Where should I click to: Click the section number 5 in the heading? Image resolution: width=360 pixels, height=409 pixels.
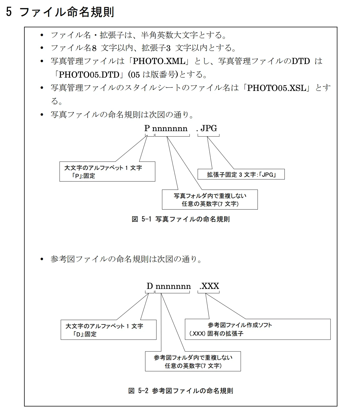9,12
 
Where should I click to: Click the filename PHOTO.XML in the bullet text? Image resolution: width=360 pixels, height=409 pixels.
159,61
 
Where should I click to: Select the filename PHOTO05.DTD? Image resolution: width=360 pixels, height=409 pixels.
89,74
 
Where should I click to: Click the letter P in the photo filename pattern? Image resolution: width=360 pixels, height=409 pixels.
147,128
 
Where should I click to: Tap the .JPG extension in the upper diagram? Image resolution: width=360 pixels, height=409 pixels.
207,128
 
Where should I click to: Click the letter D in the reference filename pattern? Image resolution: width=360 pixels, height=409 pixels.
150,286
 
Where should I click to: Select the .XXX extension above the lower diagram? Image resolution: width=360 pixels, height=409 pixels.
209,286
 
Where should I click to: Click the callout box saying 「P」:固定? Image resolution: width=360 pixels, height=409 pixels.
107,172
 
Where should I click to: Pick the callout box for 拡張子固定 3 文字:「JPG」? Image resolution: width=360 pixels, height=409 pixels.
241,174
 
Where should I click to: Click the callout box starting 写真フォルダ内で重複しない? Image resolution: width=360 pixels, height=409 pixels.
210,200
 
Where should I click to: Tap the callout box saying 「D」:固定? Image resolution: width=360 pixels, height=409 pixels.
108,330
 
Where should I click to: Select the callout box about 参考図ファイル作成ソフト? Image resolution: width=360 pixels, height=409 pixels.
258,329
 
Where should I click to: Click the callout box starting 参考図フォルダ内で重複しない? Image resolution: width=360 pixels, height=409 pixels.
193,361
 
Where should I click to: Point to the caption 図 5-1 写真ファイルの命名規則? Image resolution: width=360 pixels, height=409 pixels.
181,219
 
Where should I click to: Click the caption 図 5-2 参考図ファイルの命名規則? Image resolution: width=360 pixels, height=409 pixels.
181,391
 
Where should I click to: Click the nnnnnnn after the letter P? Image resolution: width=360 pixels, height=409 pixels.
170,129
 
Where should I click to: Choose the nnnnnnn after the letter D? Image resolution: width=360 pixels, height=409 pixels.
173,286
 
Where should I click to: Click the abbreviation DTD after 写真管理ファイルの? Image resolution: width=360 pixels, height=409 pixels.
301,61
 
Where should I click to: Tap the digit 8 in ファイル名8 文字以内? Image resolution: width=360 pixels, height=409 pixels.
94,48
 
